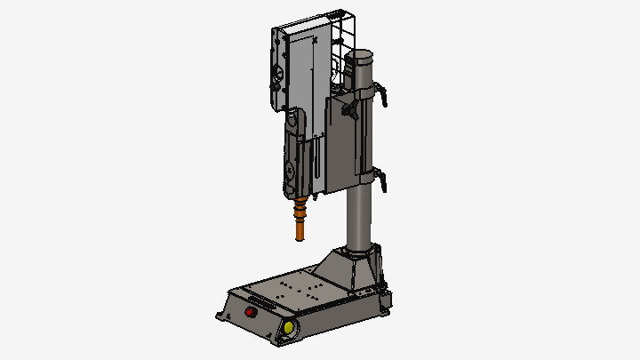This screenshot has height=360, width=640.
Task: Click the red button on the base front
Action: [250, 312]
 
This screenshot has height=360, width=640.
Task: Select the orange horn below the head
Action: [301, 216]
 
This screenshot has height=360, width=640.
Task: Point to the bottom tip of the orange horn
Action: [300, 237]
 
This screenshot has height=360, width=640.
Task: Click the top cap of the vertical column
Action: [360, 57]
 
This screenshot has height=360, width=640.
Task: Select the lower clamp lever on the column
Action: [382, 180]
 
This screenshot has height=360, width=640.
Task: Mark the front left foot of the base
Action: [220, 316]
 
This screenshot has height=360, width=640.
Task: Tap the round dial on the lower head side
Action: [288, 170]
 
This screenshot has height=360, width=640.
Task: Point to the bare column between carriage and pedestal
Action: [358, 218]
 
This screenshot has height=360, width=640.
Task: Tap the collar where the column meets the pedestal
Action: [360, 252]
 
